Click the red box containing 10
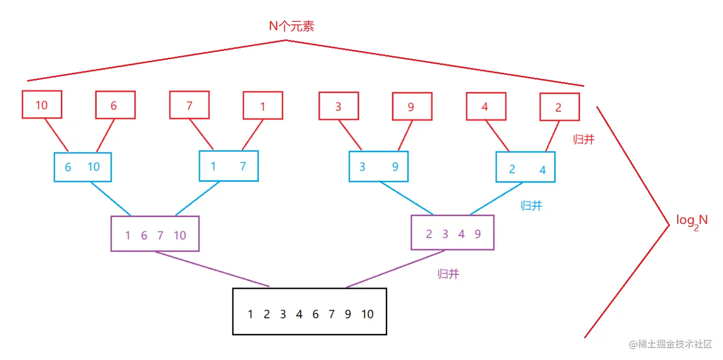point(42,104)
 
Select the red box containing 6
point(115,105)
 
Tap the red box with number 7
point(189,105)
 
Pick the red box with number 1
point(262,106)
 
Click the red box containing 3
point(338,106)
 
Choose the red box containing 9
point(412,107)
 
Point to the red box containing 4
point(485,106)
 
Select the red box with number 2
point(559,107)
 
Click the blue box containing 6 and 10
point(83,167)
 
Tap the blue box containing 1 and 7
point(229,166)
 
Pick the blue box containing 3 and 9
point(378,166)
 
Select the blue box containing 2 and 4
point(525,167)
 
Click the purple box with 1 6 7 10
point(155,234)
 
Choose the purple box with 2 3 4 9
point(452,232)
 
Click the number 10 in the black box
point(367,314)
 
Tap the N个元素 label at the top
point(291,26)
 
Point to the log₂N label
point(692,221)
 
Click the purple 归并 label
point(448,274)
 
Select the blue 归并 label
point(531,206)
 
